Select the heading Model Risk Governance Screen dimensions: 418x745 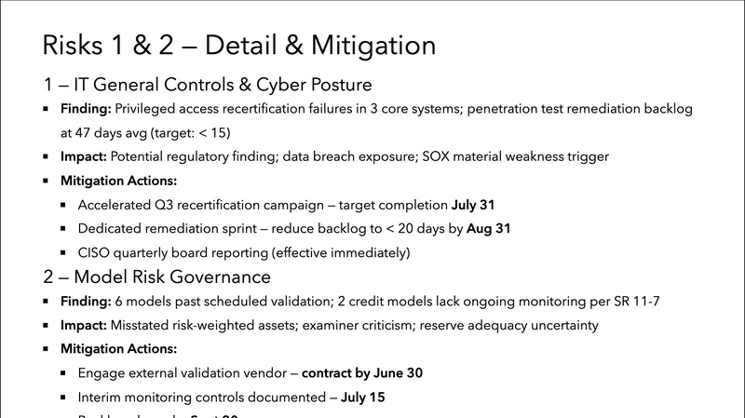tap(156, 276)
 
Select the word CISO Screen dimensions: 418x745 tap(98, 252)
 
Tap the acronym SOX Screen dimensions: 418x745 tap(435, 156)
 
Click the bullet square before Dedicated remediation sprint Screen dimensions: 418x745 tap(62, 228)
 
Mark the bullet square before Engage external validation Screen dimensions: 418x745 tap(62, 373)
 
